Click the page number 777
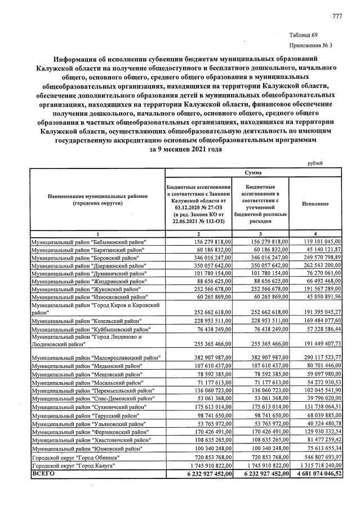click(337, 15)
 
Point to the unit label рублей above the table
click(315, 163)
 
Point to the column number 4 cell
click(315, 233)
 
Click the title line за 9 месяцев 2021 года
click(179, 150)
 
